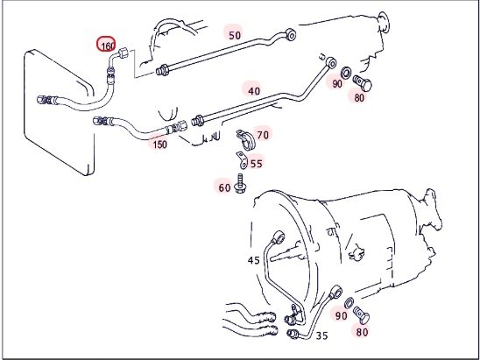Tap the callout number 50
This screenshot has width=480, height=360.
pyautogui.click(x=235, y=36)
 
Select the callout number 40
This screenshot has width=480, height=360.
pyautogui.click(x=254, y=90)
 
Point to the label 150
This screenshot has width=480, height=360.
pyautogui.click(x=159, y=145)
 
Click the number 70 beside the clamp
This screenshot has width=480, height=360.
pyautogui.click(x=263, y=135)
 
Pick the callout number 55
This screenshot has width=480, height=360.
pyautogui.click(x=257, y=164)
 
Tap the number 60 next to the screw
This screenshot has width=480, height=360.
pyautogui.click(x=224, y=187)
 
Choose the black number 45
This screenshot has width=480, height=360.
pyautogui.click(x=253, y=260)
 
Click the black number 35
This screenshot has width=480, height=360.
pyautogui.click(x=321, y=335)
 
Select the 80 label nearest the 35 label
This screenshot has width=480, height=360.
pyautogui.click(x=362, y=332)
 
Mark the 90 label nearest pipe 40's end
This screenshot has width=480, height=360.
pyautogui.click(x=336, y=83)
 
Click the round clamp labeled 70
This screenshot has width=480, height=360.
pyautogui.click(x=245, y=140)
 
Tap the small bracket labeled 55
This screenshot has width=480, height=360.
pyautogui.click(x=242, y=160)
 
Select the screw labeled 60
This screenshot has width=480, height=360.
pyautogui.click(x=239, y=183)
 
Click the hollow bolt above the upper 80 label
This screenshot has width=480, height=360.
pyautogui.click(x=363, y=82)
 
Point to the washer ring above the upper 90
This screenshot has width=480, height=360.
pyautogui.click(x=346, y=72)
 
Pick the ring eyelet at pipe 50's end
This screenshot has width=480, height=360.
pyautogui.click(x=291, y=33)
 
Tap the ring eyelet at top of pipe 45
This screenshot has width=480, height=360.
pyautogui.click(x=279, y=237)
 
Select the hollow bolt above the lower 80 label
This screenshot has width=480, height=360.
pyautogui.click(x=361, y=315)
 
